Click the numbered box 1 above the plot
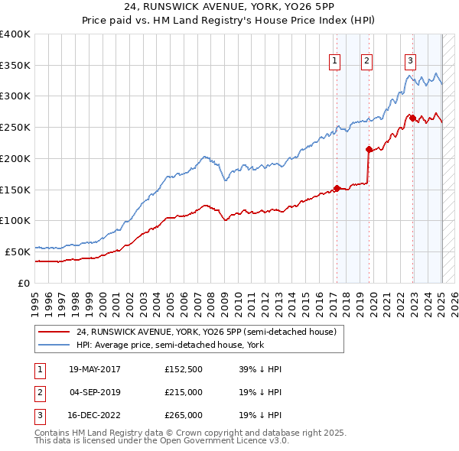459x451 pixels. [x=335, y=62]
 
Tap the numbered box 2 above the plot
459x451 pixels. [x=367, y=62]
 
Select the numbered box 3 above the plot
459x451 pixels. [x=411, y=62]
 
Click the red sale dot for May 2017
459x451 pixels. [x=337, y=187]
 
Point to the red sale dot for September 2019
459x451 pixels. [x=369, y=149]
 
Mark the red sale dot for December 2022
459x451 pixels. [x=412, y=118]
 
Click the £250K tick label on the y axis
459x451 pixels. [x=15, y=127]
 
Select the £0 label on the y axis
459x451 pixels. [x=24, y=282]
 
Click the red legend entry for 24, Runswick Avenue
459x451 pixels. [x=207, y=332]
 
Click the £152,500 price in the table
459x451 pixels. [x=184, y=369]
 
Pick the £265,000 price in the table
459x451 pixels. [x=184, y=415]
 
